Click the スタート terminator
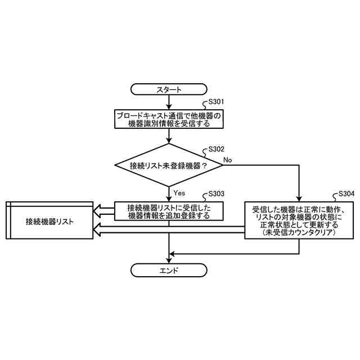click(169, 89)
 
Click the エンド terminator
click(169, 271)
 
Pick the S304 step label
click(346, 194)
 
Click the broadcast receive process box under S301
click(169, 119)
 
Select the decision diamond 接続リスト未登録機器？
click(169, 165)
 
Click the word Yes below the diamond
click(179, 193)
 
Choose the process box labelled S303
click(169, 211)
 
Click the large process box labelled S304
click(299, 220)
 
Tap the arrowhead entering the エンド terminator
click(169, 260)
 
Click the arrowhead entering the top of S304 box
click(299, 197)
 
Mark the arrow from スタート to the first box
click(169, 102)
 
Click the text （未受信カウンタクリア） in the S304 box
click(299, 232)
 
